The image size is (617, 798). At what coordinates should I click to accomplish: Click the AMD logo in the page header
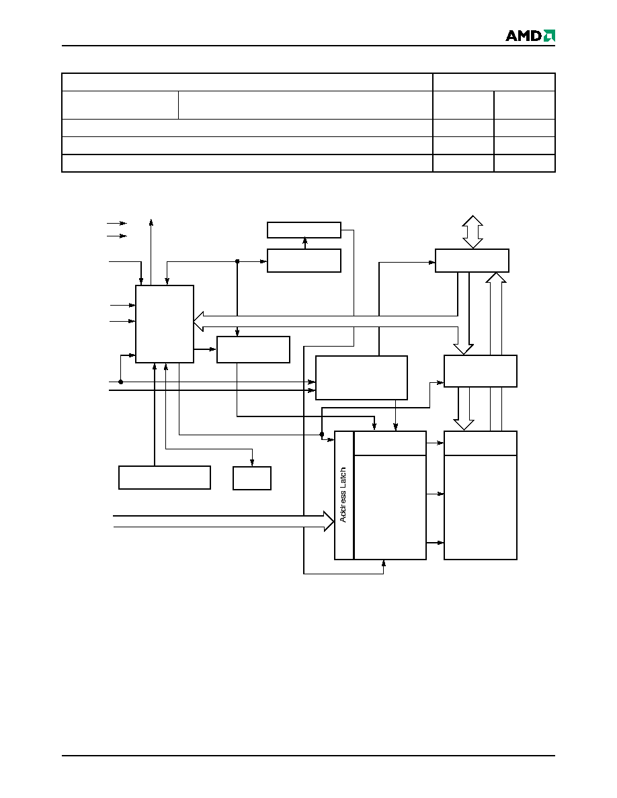530,35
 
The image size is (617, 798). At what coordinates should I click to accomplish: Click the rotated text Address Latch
343,494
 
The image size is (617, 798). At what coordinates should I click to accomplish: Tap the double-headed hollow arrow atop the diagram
472,232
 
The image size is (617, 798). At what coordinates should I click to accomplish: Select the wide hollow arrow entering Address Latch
223,521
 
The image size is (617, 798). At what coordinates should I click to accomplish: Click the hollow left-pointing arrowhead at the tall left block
198,321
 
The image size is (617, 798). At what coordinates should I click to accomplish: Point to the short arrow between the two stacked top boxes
304,243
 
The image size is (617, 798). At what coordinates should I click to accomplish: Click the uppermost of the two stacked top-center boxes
304,230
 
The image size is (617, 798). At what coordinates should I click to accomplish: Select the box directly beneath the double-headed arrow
472,261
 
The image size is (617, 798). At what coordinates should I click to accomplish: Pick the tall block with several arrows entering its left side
165,324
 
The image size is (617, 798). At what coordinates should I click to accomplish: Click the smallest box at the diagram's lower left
252,478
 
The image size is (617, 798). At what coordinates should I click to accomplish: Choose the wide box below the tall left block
165,478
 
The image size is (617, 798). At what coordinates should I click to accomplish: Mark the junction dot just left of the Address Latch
322,434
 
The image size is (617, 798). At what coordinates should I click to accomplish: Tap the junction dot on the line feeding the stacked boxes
237,261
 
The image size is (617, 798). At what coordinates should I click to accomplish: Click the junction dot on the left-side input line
121,382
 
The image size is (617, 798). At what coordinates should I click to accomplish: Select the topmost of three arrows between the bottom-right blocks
436,443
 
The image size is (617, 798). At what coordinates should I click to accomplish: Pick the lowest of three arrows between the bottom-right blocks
436,543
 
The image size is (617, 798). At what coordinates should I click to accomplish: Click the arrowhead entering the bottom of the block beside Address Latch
383,563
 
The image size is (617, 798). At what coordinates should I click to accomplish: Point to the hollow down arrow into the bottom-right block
464,408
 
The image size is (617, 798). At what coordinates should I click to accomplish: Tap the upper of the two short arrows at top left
116,223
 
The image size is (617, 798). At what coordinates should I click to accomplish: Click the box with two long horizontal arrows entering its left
362,378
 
